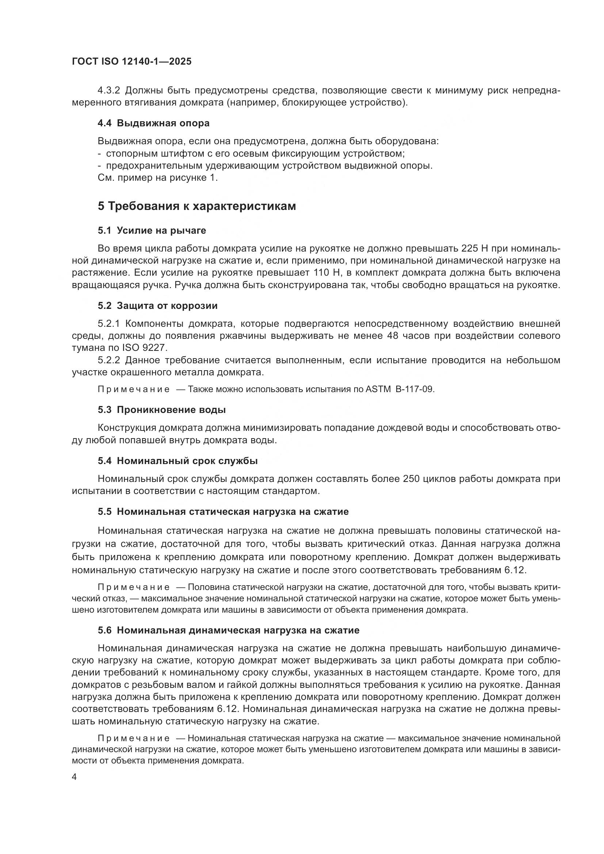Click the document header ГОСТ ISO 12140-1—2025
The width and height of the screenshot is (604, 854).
click(132, 61)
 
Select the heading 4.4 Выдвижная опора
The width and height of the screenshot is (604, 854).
click(153, 123)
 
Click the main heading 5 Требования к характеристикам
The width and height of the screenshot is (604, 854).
click(197, 206)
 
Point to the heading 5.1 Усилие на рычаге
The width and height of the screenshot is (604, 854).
click(152, 231)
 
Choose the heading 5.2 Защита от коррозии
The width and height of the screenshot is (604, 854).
click(158, 306)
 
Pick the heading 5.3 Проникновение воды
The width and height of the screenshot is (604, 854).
click(162, 410)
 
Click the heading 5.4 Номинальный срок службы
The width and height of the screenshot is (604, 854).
click(178, 461)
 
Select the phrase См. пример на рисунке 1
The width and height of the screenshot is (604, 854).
click(158, 178)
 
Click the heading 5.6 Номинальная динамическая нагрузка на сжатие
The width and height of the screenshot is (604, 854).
click(228, 631)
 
